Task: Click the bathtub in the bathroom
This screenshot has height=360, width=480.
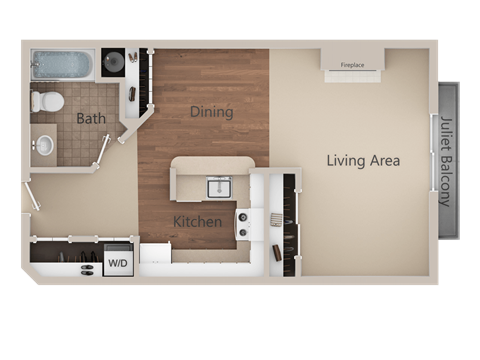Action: [62, 65]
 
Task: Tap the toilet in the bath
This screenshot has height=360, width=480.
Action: [47, 101]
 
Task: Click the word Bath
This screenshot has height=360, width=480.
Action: [91, 119]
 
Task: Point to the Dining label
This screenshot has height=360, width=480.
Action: [211, 112]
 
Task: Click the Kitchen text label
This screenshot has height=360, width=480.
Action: [197, 221]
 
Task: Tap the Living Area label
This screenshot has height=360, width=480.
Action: [363, 160]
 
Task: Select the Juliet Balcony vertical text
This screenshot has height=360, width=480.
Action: [445, 160]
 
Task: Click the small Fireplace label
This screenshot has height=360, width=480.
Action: [352, 65]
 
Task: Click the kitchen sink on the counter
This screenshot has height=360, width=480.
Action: [218, 186]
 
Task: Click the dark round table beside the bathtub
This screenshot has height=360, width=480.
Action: [114, 62]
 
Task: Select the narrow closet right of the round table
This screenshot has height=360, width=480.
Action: [141, 80]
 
